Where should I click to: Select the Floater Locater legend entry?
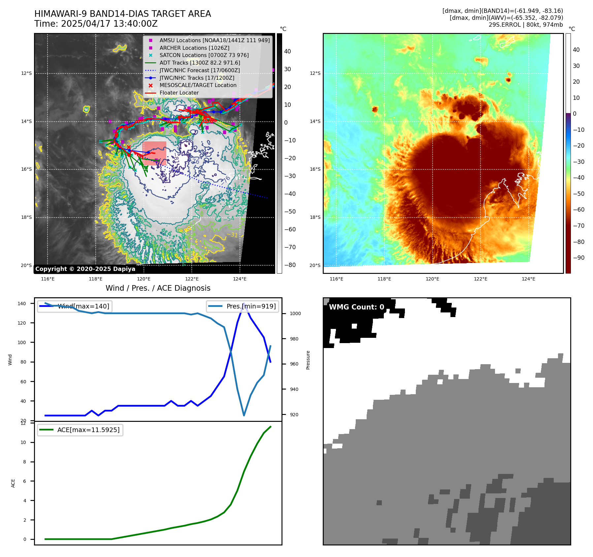click(x=179, y=93)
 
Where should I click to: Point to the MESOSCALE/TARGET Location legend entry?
click(x=198, y=85)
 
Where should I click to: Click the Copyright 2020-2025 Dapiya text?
click(x=85, y=269)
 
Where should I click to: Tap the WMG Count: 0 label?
click(x=356, y=307)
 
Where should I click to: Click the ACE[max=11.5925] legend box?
click(x=80, y=430)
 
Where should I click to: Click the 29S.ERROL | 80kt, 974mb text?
click(x=526, y=25)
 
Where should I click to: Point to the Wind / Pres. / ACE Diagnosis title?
click(x=158, y=288)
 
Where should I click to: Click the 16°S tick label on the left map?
click(x=26, y=169)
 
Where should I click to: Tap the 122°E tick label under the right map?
click(x=480, y=279)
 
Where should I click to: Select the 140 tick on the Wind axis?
click(x=22, y=304)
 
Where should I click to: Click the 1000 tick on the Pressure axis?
click(x=295, y=313)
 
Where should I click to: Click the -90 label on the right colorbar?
click(x=578, y=258)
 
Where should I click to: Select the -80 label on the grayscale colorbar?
click(x=290, y=265)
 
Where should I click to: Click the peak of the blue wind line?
click(x=244, y=304)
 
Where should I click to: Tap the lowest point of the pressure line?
click(x=244, y=415)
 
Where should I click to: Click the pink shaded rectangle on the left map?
click(x=154, y=153)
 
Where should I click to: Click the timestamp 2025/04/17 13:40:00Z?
click(x=109, y=24)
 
